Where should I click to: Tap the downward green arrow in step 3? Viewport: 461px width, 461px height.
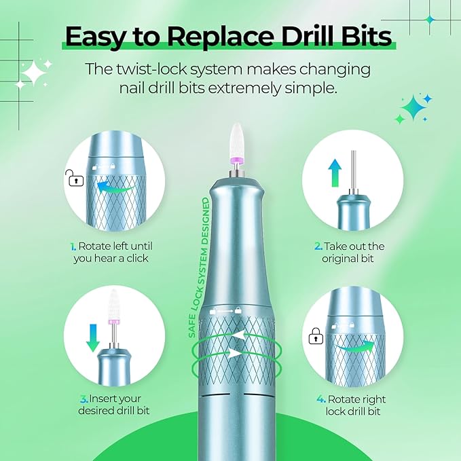[x=93, y=335]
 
